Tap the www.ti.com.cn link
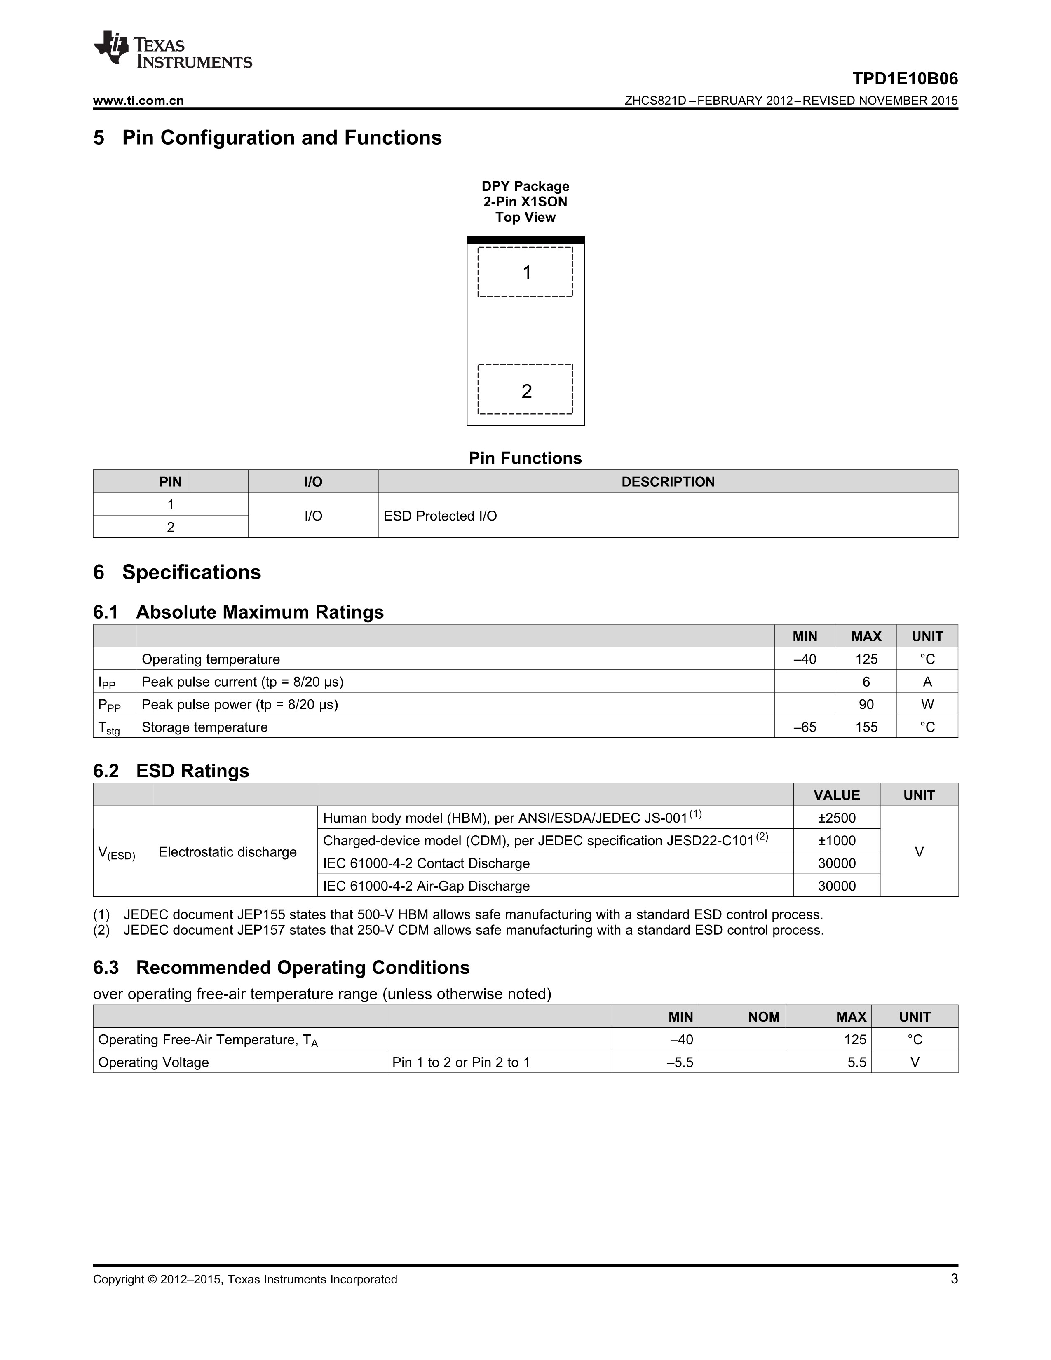click(138, 101)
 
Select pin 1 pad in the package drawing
click(525, 272)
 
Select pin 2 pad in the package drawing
click(525, 390)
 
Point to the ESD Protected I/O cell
click(440, 516)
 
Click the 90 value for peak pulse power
click(866, 705)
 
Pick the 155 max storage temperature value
click(866, 727)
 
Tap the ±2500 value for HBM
click(836, 818)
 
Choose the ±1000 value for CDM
click(836, 841)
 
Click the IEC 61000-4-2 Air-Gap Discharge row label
click(426, 886)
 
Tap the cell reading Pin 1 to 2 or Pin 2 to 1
click(461, 1062)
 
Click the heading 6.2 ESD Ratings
click(171, 771)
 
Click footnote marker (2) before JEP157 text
click(101, 930)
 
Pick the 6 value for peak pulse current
click(866, 682)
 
